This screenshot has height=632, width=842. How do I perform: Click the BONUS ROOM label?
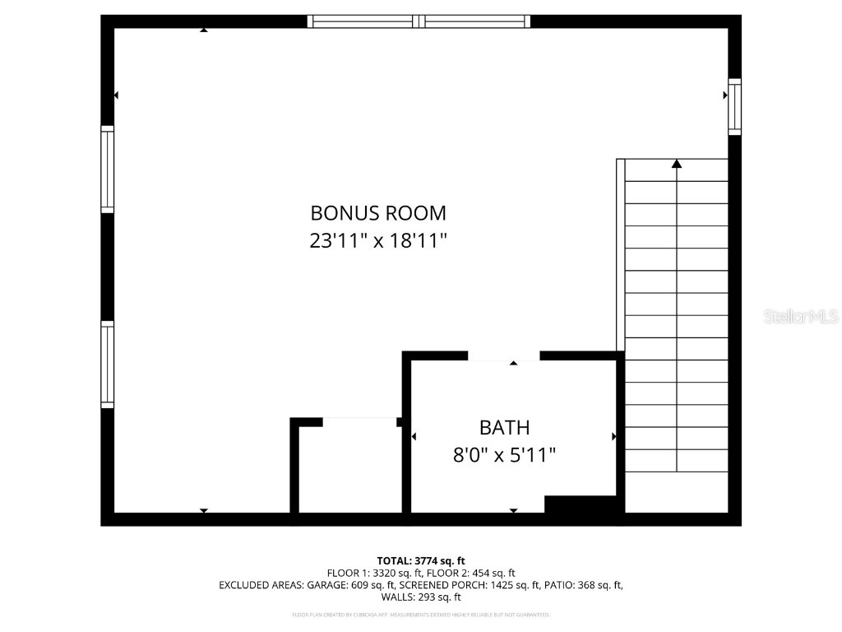click(x=378, y=213)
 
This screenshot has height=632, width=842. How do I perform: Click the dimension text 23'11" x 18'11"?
click(x=378, y=240)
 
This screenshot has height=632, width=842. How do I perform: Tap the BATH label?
click(x=504, y=428)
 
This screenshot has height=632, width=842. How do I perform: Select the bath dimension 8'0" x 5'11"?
click(x=504, y=454)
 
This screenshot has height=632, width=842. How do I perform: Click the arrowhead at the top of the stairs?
click(x=677, y=164)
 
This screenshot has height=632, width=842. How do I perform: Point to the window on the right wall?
click(x=734, y=107)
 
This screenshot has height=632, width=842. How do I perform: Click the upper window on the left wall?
click(x=107, y=170)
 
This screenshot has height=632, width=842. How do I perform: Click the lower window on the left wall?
click(x=107, y=365)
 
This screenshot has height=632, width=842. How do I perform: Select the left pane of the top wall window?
click(x=363, y=21)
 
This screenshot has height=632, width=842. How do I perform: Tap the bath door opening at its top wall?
click(x=503, y=356)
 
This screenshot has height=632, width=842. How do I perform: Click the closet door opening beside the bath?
click(x=359, y=422)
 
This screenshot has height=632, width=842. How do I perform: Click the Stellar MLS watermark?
click(x=800, y=316)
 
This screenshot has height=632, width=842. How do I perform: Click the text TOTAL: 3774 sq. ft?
click(x=421, y=560)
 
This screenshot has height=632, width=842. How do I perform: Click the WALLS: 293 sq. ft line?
click(x=421, y=597)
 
